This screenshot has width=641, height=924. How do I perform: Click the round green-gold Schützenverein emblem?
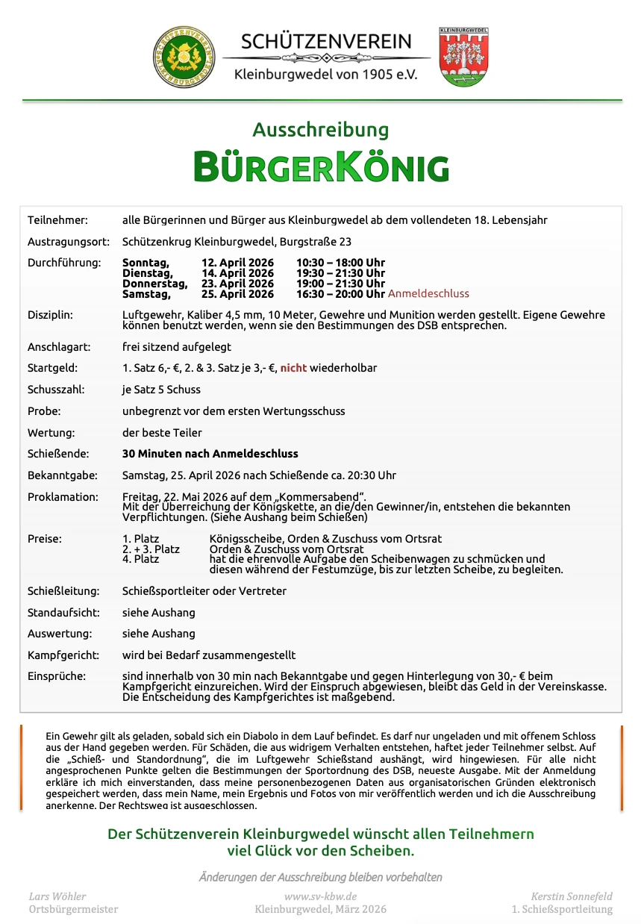point(184,57)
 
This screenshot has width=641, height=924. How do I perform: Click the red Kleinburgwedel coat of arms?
point(463,57)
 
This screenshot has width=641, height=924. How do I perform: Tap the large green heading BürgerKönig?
point(321,166)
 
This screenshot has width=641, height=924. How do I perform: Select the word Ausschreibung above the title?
point(320,130)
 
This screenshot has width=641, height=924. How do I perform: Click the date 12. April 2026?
point(237,263)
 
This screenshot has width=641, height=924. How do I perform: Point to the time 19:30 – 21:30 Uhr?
point(340,273)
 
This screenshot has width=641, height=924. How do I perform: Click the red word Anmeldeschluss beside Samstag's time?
point(428,294)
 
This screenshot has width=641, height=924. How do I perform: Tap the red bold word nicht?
point(293,368)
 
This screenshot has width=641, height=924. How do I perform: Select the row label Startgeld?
point(52,368)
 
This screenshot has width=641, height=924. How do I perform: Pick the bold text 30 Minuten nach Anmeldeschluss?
point(210,454)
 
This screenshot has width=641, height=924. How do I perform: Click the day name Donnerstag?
point(154,284)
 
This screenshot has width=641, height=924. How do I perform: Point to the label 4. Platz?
point(140,559)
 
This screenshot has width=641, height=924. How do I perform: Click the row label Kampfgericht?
point(63,655)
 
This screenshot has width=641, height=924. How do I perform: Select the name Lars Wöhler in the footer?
point(57,896)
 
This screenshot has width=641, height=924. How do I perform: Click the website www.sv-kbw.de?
point(320,896)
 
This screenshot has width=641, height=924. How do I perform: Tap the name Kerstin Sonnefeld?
point(572,896)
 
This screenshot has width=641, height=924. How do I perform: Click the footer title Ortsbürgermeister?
point(73,909)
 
